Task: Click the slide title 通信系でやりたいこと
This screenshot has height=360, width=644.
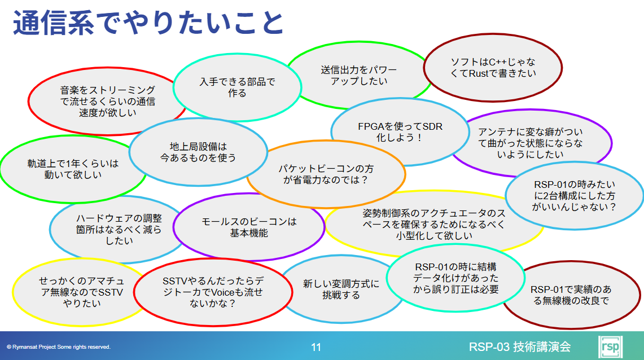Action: point(148,23)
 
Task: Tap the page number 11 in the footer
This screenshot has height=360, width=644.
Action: point(316,347)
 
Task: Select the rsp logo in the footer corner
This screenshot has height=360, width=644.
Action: point(610,347)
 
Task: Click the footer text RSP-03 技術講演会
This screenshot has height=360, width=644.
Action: point(520,347)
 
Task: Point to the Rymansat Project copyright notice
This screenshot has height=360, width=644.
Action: point(59,347)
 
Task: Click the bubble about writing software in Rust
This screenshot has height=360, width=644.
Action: point(493,68)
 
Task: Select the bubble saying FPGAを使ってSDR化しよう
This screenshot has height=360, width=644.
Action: point(400,132)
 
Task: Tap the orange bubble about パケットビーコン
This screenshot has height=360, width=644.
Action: point(326,174)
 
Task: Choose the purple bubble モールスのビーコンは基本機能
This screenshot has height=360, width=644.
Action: point(249,227)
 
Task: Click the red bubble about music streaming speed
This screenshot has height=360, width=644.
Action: point(108,101)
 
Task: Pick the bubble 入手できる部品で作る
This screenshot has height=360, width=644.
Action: point(238,87)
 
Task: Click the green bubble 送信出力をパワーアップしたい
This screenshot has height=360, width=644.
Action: point(359,75)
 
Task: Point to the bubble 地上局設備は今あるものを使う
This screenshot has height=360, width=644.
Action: point(198,152)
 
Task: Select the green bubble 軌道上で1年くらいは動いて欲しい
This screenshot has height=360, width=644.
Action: point(73,169)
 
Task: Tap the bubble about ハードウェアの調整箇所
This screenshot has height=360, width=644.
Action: point(119,229)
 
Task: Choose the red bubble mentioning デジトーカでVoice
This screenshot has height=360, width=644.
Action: point(213,292)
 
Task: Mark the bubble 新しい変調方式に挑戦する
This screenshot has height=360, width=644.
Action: point(341,289)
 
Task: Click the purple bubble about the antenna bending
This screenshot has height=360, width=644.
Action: point(530,143)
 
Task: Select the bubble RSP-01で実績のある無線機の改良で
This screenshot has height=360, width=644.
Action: point(571,295)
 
